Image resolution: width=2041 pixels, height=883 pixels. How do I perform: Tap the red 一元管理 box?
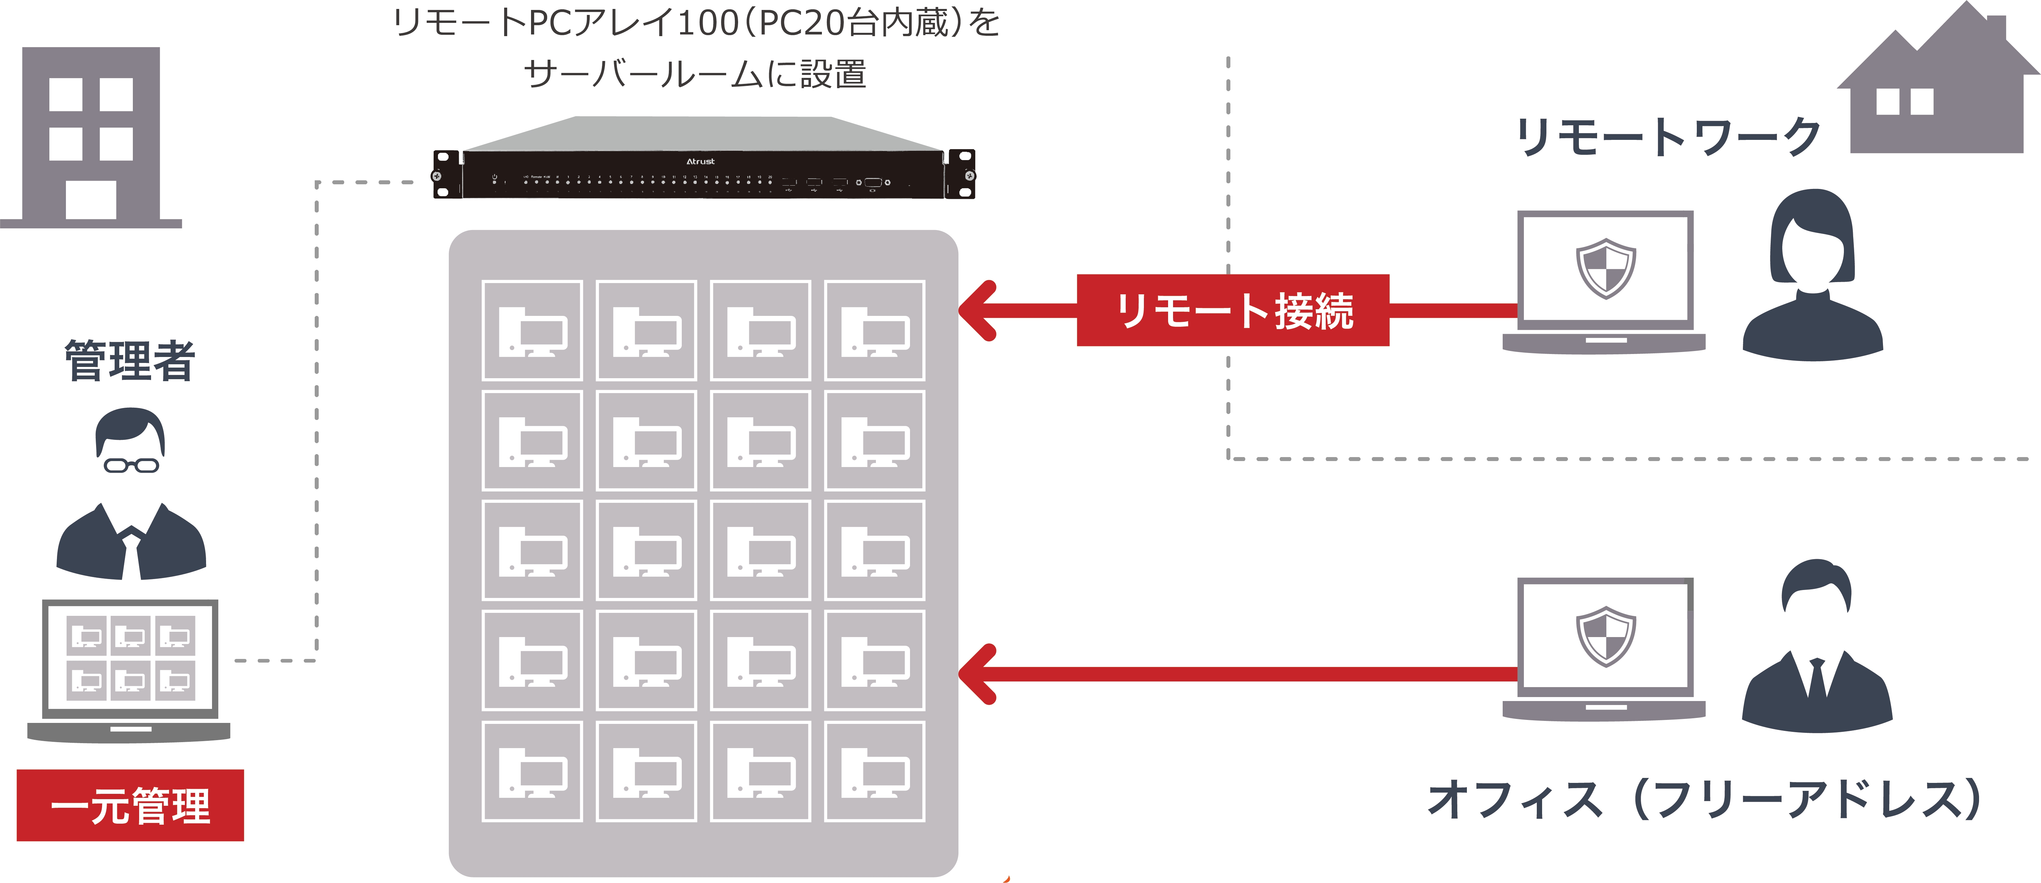tap(130, 805)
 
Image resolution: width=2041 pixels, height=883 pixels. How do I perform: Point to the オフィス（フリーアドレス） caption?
tap(1703, 799)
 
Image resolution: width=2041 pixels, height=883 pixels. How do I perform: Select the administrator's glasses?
tap(132, 465)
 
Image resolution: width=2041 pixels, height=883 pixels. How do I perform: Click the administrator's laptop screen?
tap(130, 658)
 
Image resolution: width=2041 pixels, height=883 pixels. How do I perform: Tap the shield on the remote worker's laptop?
tap(1605, 268)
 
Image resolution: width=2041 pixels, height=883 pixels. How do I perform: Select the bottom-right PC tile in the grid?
tap(875, 771)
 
